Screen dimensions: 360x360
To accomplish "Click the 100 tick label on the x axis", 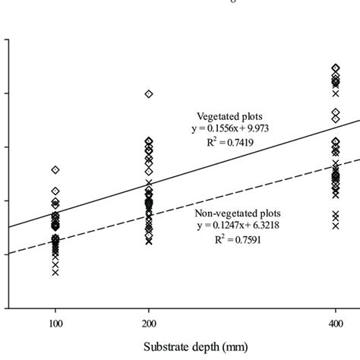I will tap(55, 322).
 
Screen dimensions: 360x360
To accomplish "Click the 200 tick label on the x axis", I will tap(149, 322).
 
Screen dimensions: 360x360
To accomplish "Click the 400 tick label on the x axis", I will tap(336, 322).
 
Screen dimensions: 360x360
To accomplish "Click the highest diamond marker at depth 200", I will tap(149, 93).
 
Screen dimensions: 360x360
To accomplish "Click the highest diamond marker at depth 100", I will tap(55, 169).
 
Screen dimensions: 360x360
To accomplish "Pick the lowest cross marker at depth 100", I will tap(55, 272).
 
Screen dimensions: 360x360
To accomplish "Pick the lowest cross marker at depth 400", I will tap(336, 226).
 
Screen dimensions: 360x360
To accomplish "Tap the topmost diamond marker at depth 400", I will tap(336, 68).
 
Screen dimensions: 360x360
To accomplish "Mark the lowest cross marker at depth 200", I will tap(149, 241).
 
